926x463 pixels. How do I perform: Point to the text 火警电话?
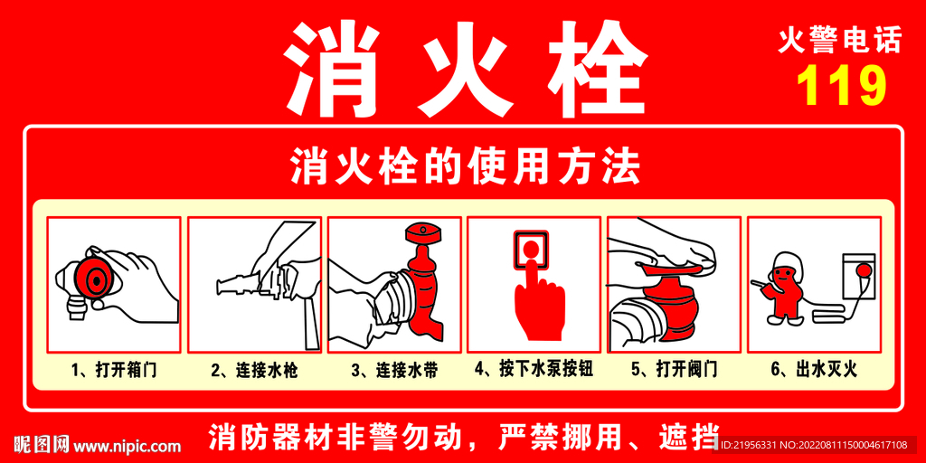click(x=840, y=41)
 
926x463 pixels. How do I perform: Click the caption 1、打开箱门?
click(x=113, y=371)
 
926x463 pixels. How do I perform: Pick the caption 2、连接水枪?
click(x=254, y=371)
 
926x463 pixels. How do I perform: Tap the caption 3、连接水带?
click(x=394, y=371)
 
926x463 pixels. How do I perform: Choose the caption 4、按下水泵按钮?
click(x=534, y=370)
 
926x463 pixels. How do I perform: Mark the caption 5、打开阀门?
click(x=675, y=371)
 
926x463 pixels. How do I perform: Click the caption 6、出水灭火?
click(x=814, y=371)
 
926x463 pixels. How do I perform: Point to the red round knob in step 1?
click(x=92, y=279)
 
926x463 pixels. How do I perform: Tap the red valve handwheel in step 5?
click(x=674, y=264)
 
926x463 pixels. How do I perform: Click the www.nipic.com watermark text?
click(x=127, y=447)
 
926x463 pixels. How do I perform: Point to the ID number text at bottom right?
click(x=813, y=445)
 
